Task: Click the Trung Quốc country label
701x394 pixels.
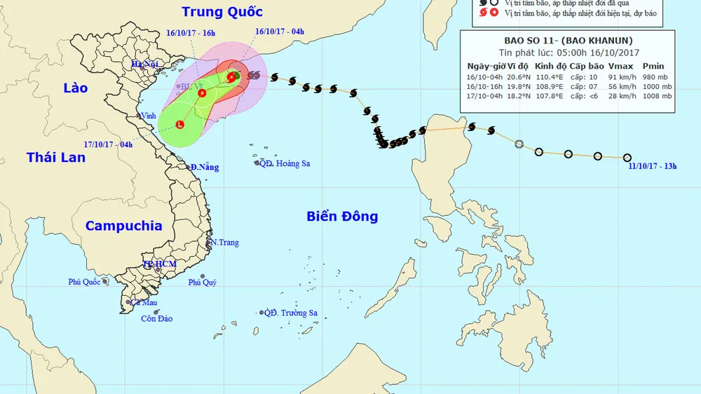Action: (x=222, y=12)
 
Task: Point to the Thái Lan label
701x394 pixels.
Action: (x=56, y=157)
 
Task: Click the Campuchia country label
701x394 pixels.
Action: (x=123, y=226)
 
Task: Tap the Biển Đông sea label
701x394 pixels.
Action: (x=342, y=216)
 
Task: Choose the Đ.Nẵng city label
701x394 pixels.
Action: (x=204, y=168)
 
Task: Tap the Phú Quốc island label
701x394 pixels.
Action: (x=84, y=282)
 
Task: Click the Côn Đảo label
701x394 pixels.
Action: (x=156, y=318)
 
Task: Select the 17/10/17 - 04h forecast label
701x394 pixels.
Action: (x=108, y=144)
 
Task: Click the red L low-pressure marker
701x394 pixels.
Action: (x=179, y=125)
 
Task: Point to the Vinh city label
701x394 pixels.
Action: (x=148, y=116)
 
